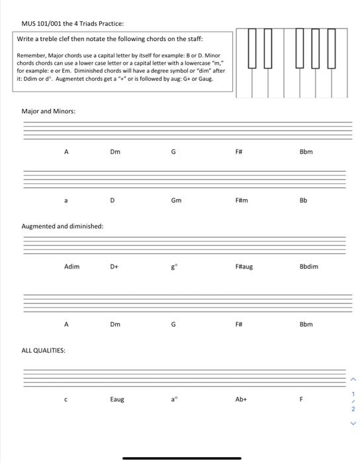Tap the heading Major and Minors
[x=48, y=111]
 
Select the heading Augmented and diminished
[x=62, y=226]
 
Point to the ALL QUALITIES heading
[x=43, y=350]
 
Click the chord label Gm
[x=175, y=200]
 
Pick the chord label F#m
[x=241, y=200]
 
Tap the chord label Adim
[x=71, y=267]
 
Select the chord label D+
[x=114, y=267]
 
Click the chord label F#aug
[x=244, y=267]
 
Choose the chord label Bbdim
[x=308, y=267]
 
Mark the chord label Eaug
[x=116, y=399]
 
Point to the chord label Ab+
[x=241, y=399]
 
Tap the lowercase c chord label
[x=66, y=399]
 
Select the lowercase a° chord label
[x=175, y=399]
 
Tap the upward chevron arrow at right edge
[x=353, y=379]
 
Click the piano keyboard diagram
[x=292, y=63]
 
